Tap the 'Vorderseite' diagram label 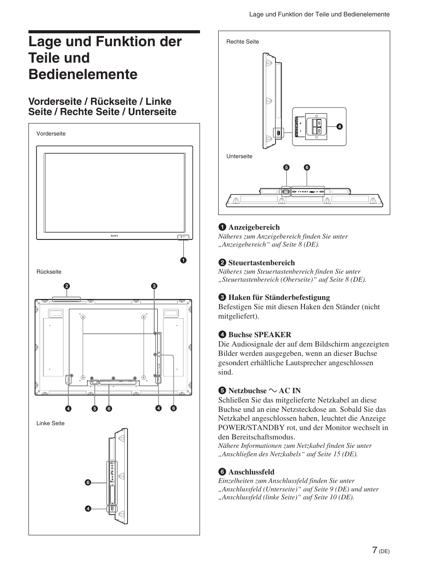point(51,134)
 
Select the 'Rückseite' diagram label point(49,272)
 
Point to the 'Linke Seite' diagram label point(50,423)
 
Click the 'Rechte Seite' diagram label point(242,42)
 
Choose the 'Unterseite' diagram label point(239,156)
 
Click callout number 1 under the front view point(183,260)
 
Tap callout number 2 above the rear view point(66,286)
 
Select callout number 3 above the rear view point(154,286)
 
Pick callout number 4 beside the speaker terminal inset point(339,127)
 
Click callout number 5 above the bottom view point(286,167)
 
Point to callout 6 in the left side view point(88,482)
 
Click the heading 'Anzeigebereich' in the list point(254,227)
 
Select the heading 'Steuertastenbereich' point(261,263)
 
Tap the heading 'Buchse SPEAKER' point(260,335)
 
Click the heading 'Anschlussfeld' point(251,472)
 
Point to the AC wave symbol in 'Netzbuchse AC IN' point(272,391)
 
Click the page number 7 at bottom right point(375,550)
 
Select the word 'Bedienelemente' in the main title point(83,74)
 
